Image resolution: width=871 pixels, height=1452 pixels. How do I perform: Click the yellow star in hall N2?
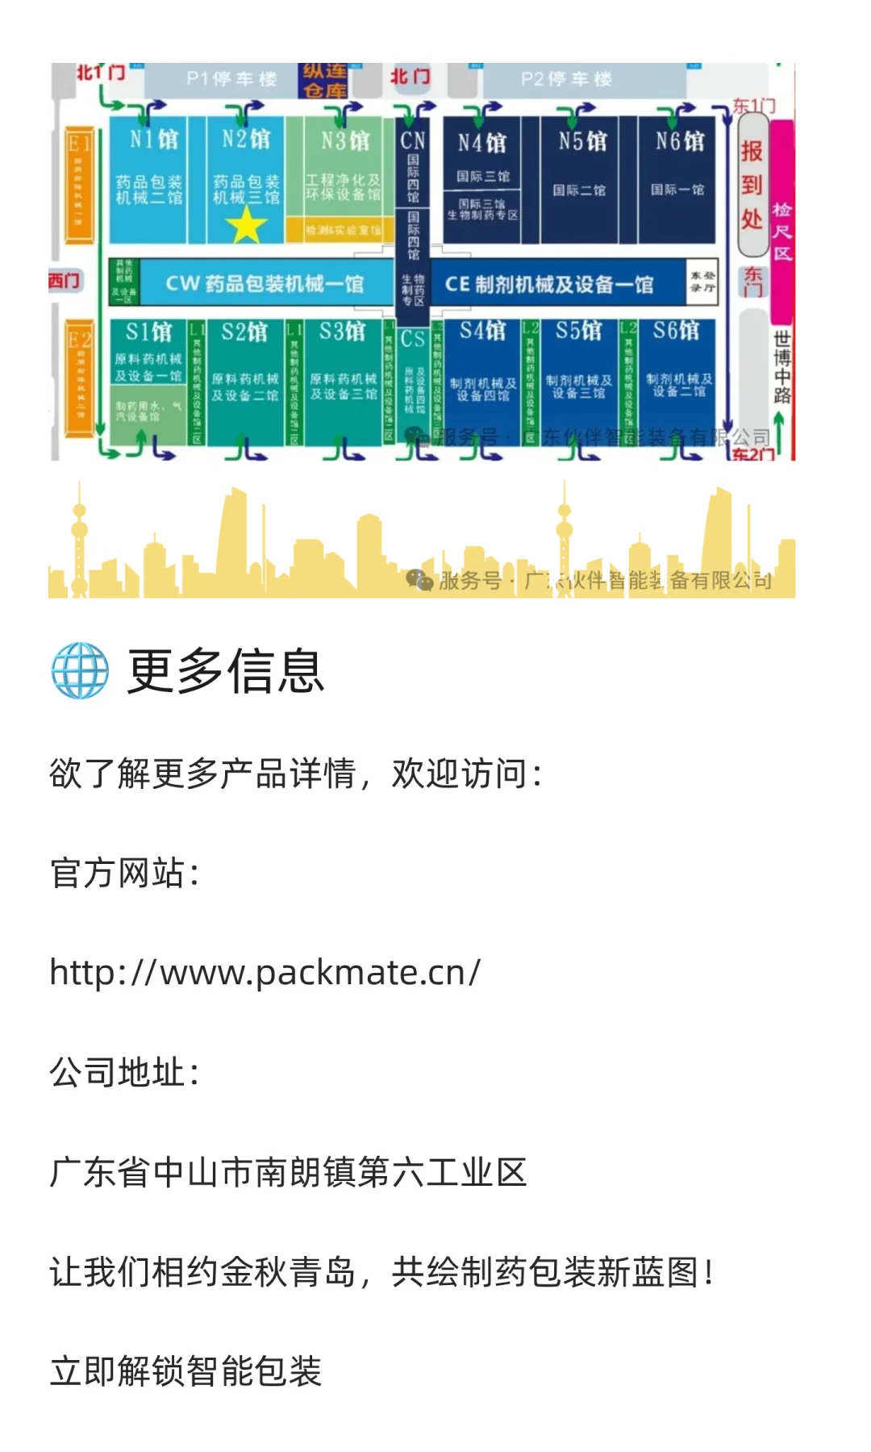tap(246, 225)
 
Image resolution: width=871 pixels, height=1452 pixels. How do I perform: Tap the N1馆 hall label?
tap(154, 140)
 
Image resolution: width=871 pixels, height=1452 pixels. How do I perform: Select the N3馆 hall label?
tap(345, 140)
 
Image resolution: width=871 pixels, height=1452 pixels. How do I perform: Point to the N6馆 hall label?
tap(679, 141)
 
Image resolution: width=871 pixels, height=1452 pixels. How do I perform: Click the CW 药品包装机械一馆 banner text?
tap(265, 283)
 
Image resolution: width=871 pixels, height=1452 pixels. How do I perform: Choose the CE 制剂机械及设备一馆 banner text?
tap(548, 284)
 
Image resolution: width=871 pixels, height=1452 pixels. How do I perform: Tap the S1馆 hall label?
tap(149, 332)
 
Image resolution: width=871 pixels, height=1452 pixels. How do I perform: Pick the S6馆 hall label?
tap(676, 331)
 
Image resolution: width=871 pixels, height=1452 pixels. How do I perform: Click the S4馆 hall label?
tap(483, 331)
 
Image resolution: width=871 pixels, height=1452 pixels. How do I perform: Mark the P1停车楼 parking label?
tap(231, 79)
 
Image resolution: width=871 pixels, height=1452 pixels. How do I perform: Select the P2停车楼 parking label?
tap(566, 79)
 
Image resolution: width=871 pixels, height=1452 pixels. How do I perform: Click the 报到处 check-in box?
tap(752, 186)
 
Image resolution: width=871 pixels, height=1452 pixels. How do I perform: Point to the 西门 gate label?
tap(64, 281)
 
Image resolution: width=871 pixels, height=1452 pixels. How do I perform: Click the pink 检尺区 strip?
tap(781, 222)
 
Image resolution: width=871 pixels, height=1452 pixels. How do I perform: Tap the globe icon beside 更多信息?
tap(80, 670)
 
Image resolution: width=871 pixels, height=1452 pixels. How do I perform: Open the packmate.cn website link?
tap(265, 972)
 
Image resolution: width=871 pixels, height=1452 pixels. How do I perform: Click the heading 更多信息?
tap(226, 670)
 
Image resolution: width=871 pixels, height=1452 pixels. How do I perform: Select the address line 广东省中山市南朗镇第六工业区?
tap(288, 1172)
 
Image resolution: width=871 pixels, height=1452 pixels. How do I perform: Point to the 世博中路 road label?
tap(781, 367)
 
